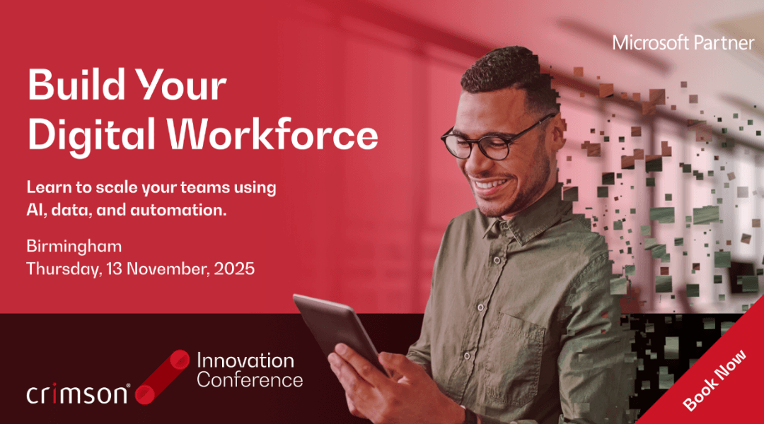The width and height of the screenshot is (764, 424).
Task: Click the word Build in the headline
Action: [x=76, y=84]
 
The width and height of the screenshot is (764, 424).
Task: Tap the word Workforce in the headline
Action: [x=273, y=134]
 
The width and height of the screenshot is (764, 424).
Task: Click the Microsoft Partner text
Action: [x=683, y=43]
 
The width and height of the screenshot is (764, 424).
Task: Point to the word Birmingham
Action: [x=74, y=247]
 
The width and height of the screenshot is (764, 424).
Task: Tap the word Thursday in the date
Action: [x=64, y=269]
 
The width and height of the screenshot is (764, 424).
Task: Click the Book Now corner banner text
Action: [x=714, y=380]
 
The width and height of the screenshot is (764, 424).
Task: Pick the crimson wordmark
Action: [x=78, y=394]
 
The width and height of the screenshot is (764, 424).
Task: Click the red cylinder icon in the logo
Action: [x=162, y=377]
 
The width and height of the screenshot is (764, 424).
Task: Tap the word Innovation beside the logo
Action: [x=245, y=360]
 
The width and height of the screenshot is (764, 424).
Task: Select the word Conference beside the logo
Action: [x=250, y=380]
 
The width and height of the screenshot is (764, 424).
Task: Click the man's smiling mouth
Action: [x=491, y=185]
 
